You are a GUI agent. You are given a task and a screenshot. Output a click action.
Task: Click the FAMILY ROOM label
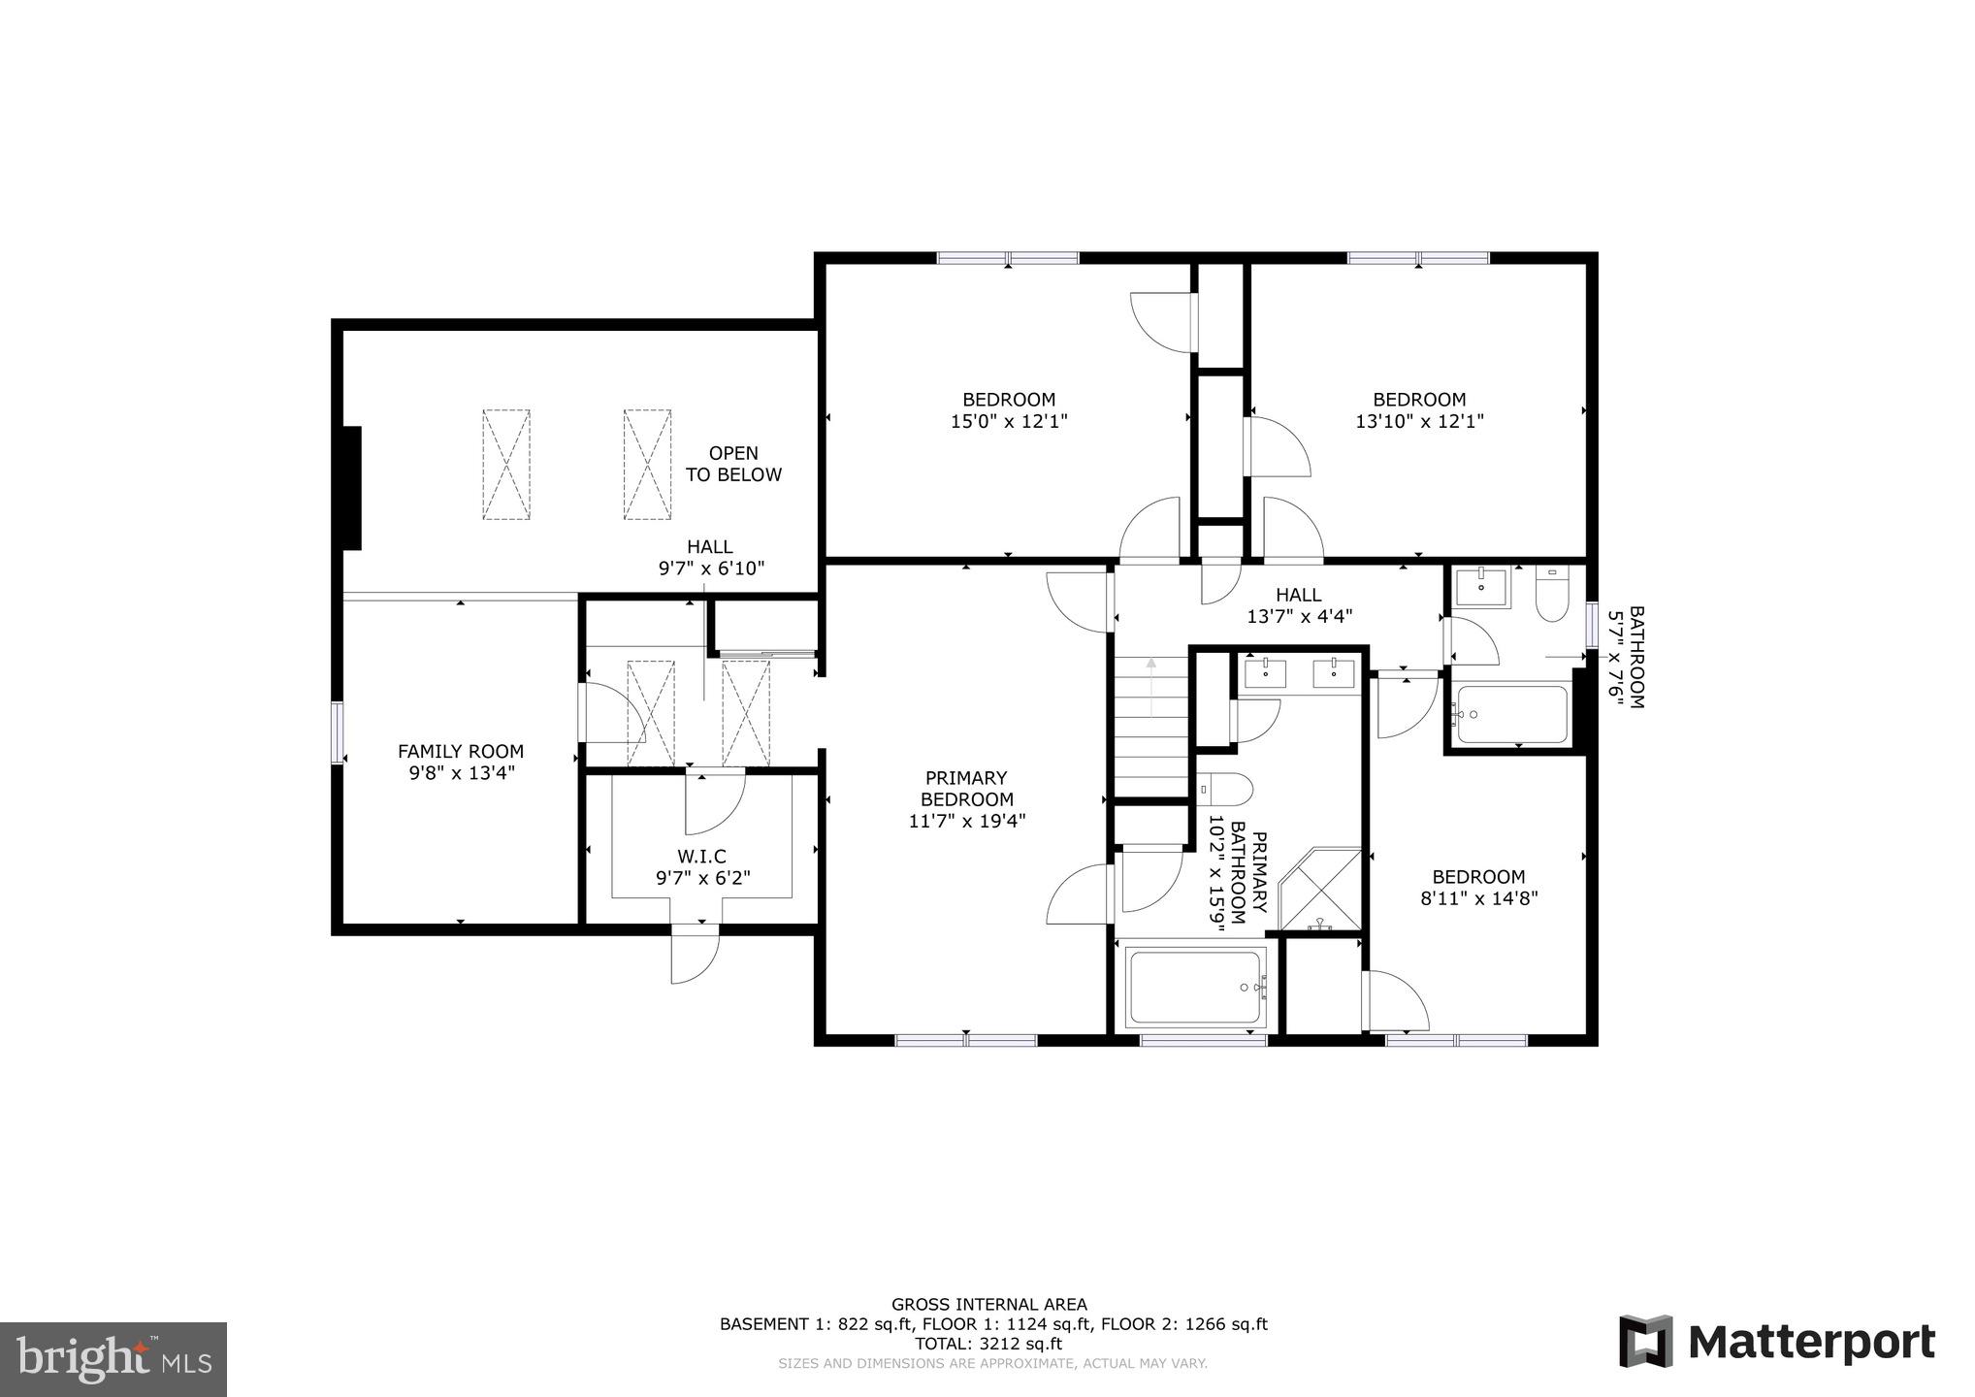pos(461,752)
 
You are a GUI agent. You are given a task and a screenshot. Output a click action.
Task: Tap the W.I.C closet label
pos(702,857)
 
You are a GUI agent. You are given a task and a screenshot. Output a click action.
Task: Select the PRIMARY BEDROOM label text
pos(966,789)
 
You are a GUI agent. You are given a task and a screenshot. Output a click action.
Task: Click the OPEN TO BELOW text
pos(733,464)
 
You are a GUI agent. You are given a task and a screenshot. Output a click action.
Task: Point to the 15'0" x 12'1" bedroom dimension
pos(1009,422)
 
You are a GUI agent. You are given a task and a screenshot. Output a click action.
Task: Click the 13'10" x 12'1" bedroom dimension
pos(1419,422)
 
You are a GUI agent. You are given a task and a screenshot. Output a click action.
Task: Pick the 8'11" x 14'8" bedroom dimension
pos(1478,898)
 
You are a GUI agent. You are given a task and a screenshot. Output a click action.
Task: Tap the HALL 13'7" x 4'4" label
pos(1298,605)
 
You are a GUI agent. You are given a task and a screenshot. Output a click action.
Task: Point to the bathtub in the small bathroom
pos(1509,715)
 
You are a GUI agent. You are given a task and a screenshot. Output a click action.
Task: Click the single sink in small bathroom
pos(1481,587)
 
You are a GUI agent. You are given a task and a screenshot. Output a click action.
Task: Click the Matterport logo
pos(1777,1343)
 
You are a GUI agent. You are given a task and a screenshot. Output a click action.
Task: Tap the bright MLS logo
pos(113,1359)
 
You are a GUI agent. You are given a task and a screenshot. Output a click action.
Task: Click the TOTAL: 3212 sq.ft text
pos(988,1344)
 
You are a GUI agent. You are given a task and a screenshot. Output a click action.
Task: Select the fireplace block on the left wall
pos(351,489)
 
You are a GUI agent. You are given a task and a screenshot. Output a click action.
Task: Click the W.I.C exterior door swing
pos(695,955)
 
